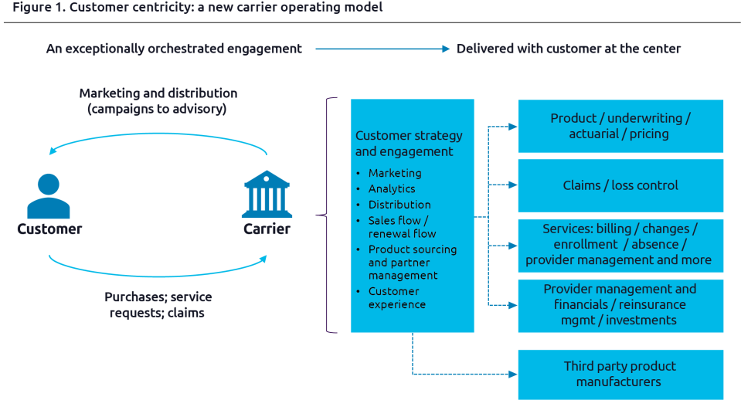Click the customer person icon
coord(49,196)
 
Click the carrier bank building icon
coord(267,195)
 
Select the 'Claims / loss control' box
coord(620,185)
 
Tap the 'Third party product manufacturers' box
coord(620,374)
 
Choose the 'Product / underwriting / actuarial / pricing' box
coord(620,126)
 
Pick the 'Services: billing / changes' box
coord(620,245)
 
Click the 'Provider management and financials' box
coord(620,305)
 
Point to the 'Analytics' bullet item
coord(392,189)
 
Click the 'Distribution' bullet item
coord(399,205)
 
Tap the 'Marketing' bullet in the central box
coord(395,173)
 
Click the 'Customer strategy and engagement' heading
coord(409,144)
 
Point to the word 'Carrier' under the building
coord(267,229)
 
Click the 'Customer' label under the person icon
coord(49,229)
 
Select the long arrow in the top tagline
coord(382,49)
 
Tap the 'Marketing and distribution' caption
coord(158,101)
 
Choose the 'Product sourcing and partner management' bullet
coord(413,263)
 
